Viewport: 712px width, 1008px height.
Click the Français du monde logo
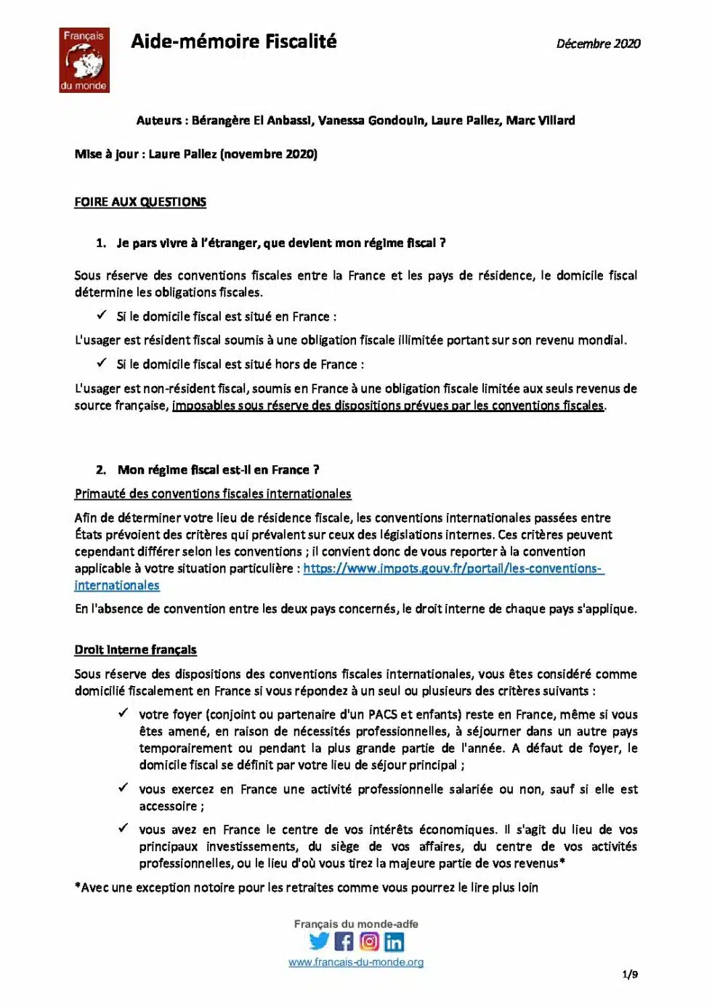click(x=84, y=60)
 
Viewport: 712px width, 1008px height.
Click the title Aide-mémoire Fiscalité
click(x=233, y=41)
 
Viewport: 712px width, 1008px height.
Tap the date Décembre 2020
click(x=598, y=44)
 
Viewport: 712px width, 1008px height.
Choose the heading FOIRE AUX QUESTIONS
click(x=140, y=202)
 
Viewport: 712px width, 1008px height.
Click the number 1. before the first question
click(x=101, y=243)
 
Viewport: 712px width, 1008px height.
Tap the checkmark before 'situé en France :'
click(x=102, y=316)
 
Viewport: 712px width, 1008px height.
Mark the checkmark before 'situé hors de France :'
click(x=102, y=363)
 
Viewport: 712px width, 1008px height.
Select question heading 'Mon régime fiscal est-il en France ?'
click(x=218, y=470)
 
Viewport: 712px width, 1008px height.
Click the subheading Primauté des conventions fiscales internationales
click(x=213, y=494)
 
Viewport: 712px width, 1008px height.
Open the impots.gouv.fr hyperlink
click(x=453, y=569)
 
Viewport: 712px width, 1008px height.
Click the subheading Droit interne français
click(x=135, y=650)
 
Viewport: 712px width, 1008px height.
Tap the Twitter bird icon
click(x=319, y=941)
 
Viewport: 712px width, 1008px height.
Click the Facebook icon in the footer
click(x=344, y=942)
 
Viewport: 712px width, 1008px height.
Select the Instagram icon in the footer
click(x=369, y=942)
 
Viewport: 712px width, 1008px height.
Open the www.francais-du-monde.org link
click(x=356, y=962)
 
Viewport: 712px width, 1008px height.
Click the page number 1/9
click(x=630, y=975)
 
